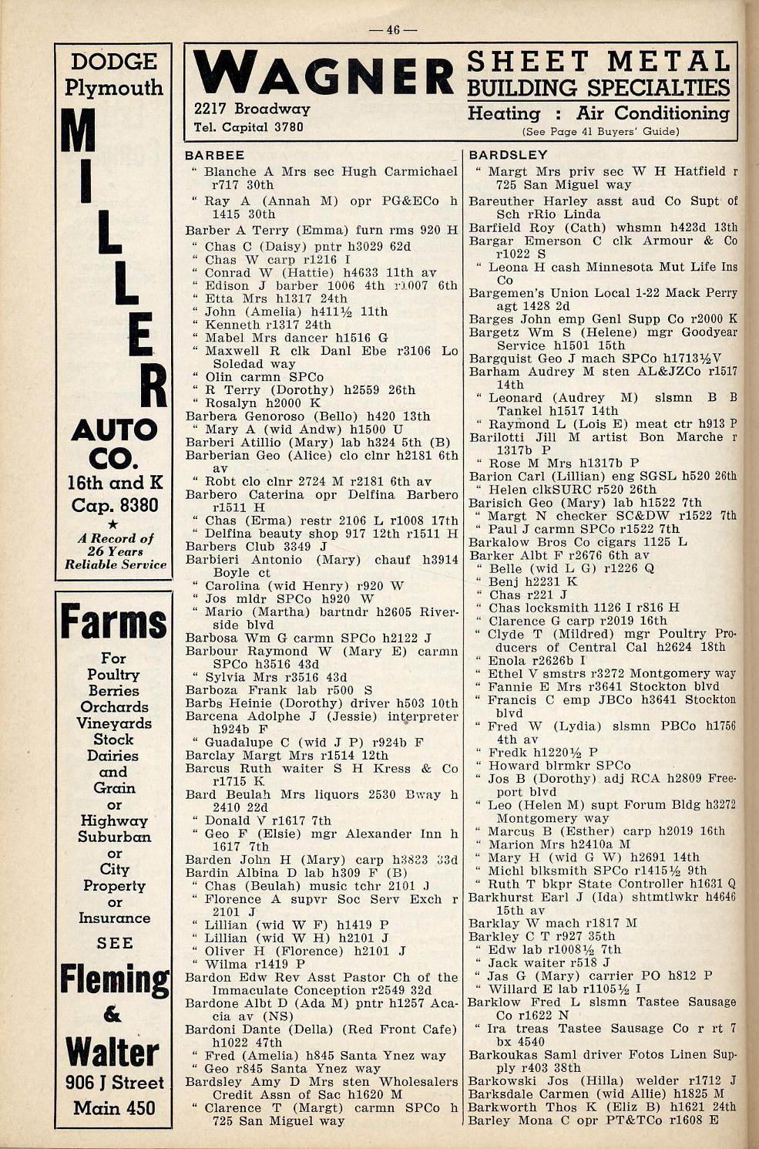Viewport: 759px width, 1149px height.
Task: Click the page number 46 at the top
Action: coord(393,30)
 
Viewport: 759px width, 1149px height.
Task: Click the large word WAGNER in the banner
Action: coord(323,75)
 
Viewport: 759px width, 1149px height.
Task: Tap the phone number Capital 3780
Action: coord(249,127)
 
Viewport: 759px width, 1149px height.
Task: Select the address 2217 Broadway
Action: coord(252,109)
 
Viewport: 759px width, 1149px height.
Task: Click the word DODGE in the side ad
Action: coord(114,62)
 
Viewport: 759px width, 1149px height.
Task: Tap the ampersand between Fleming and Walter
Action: coord(113,1013)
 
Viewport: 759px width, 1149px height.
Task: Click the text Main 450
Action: coord(115,1108)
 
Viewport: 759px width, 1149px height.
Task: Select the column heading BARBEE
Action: coord(215,155)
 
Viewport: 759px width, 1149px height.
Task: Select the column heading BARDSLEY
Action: coord(508,155)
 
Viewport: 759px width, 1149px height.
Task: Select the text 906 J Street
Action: coord(115,1083)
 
